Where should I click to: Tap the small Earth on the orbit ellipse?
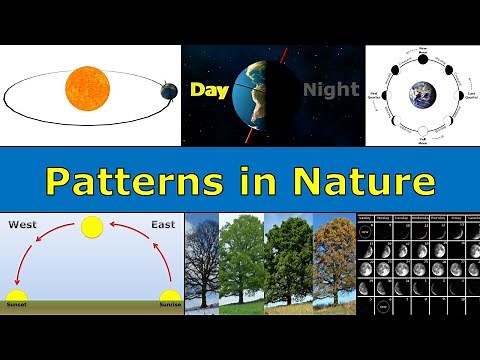click(167, 91)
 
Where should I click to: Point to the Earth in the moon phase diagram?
click(421, 93)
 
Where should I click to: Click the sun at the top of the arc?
click(92, 228)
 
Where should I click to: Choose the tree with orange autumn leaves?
click(333, 262)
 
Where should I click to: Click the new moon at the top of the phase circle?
click(421, 53)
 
